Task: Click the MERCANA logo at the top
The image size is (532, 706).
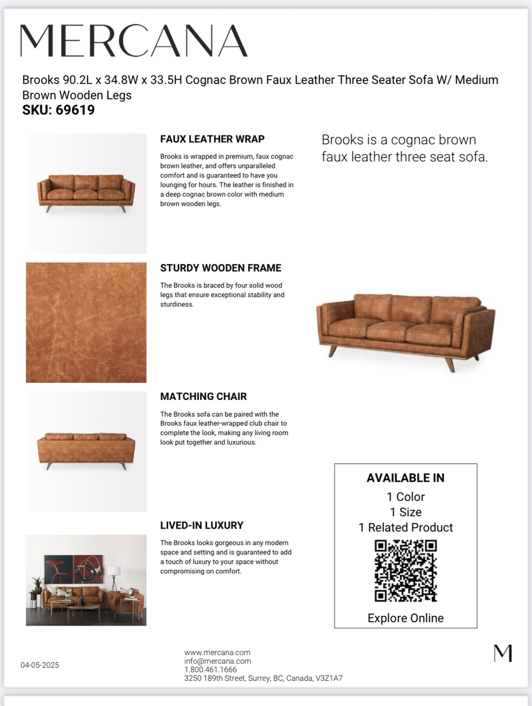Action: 134,41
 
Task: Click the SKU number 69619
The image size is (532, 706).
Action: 75,110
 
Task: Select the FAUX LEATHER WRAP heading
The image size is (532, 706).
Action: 212,139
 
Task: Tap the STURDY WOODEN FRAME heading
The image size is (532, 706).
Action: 220,268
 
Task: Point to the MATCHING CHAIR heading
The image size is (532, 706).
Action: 203,396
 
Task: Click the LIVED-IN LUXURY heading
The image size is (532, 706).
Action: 202,525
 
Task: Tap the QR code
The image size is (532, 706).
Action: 405,570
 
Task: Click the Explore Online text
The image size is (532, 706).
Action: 405,618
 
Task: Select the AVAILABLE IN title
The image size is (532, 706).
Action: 405,478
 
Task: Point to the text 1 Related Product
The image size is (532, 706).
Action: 405,528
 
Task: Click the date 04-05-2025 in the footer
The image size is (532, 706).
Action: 40,665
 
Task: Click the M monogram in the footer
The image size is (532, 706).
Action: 503,653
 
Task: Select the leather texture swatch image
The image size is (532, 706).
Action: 86,323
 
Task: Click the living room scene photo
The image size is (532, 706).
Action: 86,580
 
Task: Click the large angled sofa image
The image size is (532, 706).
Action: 405,330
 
